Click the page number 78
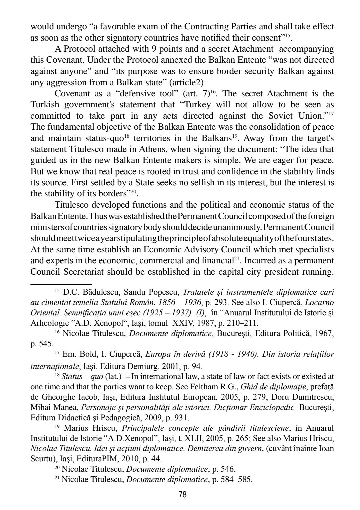click(x=182, y=494)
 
